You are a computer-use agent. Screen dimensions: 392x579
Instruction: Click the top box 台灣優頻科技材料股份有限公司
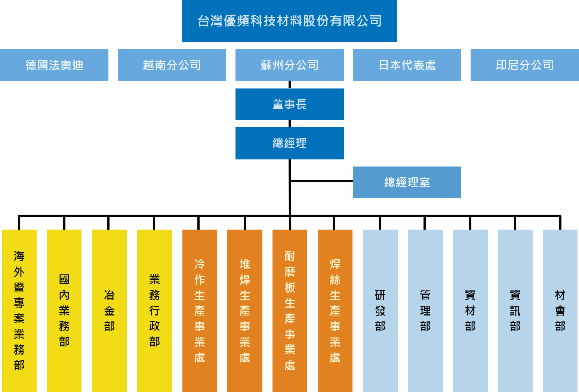[x=289, y=21]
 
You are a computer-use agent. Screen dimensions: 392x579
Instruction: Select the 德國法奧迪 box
[x=54, y=65]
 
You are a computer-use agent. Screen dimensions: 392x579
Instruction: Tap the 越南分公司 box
[x=172, y=65]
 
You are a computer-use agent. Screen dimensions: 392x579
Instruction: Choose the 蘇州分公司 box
[x=290, y=65]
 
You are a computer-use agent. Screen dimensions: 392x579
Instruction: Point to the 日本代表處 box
[x=407, y=65]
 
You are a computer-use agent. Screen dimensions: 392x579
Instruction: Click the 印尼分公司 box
[x=524, y=65]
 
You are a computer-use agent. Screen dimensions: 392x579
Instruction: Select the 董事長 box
[x=290, y=104]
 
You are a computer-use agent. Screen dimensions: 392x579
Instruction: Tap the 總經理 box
[x=290, y=143]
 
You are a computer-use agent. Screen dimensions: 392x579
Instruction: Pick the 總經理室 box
[x=407, y=182]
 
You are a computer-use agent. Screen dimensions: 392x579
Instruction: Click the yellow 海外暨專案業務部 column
[x=19, y=310]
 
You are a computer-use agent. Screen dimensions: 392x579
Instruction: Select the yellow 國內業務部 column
[x=64, y=310]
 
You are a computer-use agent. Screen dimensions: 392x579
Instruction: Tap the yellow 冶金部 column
[x=109, y=310]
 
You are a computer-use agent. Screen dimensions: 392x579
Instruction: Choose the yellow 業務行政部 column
[x=154, y=310]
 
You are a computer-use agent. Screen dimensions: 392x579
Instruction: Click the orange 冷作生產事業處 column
[x=200, y=310]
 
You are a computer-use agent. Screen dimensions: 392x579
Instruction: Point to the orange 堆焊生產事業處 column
[x=245, y=310]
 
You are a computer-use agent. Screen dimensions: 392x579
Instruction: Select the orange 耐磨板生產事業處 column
[x=290, y=310]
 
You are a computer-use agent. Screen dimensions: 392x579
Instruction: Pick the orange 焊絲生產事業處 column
[x=335, y=310]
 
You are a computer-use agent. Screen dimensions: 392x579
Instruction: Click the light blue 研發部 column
[x=380, y=310]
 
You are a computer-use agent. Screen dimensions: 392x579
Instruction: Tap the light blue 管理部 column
[x=425, y=310]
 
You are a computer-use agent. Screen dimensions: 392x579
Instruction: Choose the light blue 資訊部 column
[x=515, y=310]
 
